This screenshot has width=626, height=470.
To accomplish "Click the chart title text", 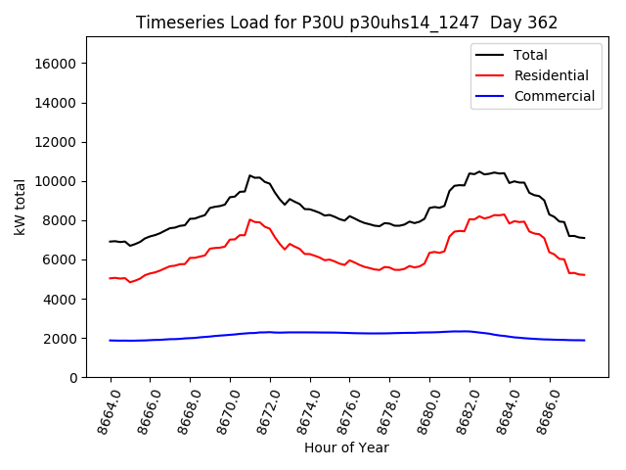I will [x=346, y=23].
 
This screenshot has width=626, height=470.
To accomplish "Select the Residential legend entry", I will [x=551, y=75].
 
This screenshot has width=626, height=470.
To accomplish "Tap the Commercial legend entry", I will [x=554, y=96].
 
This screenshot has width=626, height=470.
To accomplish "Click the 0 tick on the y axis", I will [x=72, y=377].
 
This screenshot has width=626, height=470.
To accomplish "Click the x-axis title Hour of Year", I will [x=346, y=447].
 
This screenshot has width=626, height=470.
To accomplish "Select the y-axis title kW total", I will [x=20, y=207].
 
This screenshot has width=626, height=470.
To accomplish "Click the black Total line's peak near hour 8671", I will [x=250, y=175].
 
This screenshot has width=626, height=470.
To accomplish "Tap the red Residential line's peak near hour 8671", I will [x=250, y=219].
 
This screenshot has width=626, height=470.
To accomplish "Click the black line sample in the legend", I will [x=490, y=55].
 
